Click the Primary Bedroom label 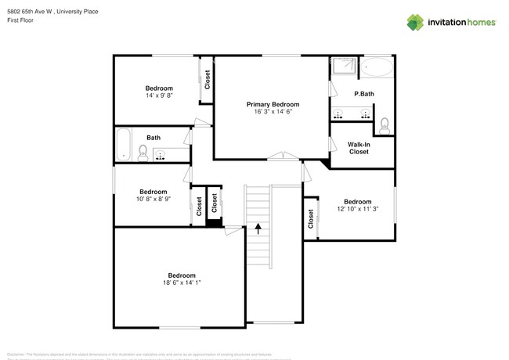[x=273, y=104]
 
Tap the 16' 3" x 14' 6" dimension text [x=273, y=112]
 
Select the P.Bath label [x=363, y=94]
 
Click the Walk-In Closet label [x=359, y=148]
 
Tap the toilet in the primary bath [x=384, y=124]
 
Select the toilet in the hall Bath [x=143, y=151]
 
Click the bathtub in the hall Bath [x=123, y=144]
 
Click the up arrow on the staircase [x=258, y=229]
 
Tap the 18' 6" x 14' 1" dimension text [x=181, y=283]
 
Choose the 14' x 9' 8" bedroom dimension [x=159, y=95]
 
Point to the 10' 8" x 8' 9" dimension [x=153, y=199]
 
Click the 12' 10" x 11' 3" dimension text [x=357, y=208]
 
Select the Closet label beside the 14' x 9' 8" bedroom [x=208, y=80]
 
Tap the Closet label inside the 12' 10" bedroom [x=311, y=220]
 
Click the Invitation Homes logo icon [x=414, y=22]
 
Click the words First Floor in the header [x=20, y=21]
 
